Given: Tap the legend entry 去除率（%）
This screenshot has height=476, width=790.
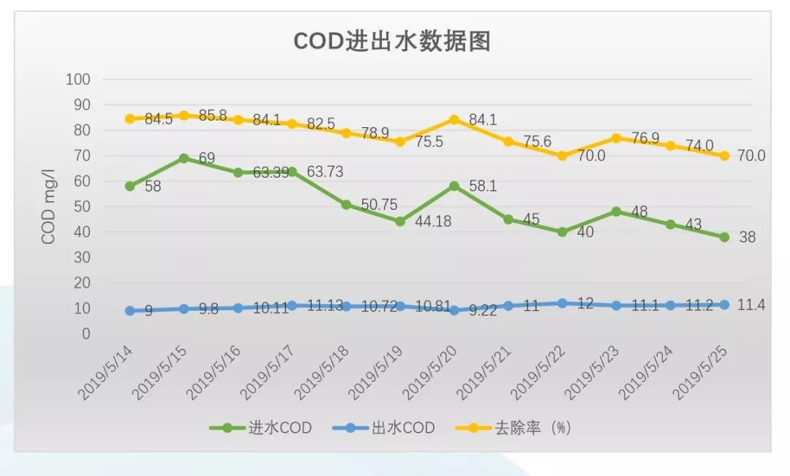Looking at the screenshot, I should coord(511,428).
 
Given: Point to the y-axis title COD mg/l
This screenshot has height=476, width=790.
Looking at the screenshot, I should coord(48,207).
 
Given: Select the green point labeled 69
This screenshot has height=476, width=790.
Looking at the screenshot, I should coord(184,158).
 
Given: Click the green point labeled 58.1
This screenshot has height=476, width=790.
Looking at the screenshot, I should coord(454,186).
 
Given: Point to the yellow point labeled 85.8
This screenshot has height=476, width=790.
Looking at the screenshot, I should coord(184,116).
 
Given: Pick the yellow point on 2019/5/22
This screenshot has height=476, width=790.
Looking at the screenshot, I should coord(562,156).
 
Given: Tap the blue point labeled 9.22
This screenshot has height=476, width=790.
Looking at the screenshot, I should coord(454,310).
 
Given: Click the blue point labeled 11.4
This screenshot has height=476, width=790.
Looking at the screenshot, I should coord(724,304).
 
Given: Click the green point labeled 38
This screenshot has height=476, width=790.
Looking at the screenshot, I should coord(724,237).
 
